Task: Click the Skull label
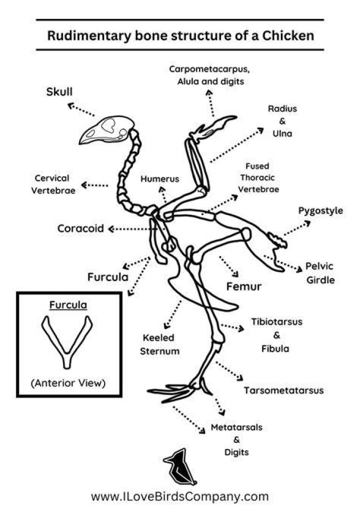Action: click(59, 91)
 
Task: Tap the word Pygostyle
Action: click(320, 210)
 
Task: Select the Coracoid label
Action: click(80, 228)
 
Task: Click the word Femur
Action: click(243, 286)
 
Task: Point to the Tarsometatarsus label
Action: click(283, 390)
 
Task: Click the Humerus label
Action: click(159, 179)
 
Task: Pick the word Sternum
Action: click(159, 351)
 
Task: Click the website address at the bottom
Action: click(179, 496)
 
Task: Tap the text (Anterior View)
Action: click(68, 383)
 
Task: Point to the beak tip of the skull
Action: click(80, 143)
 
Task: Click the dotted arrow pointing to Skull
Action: click(81, 109)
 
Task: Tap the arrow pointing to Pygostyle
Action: click(297, 228)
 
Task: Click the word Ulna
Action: click(282, 133)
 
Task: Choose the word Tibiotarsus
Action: click(276, 321)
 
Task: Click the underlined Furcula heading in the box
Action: click(68, 305)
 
